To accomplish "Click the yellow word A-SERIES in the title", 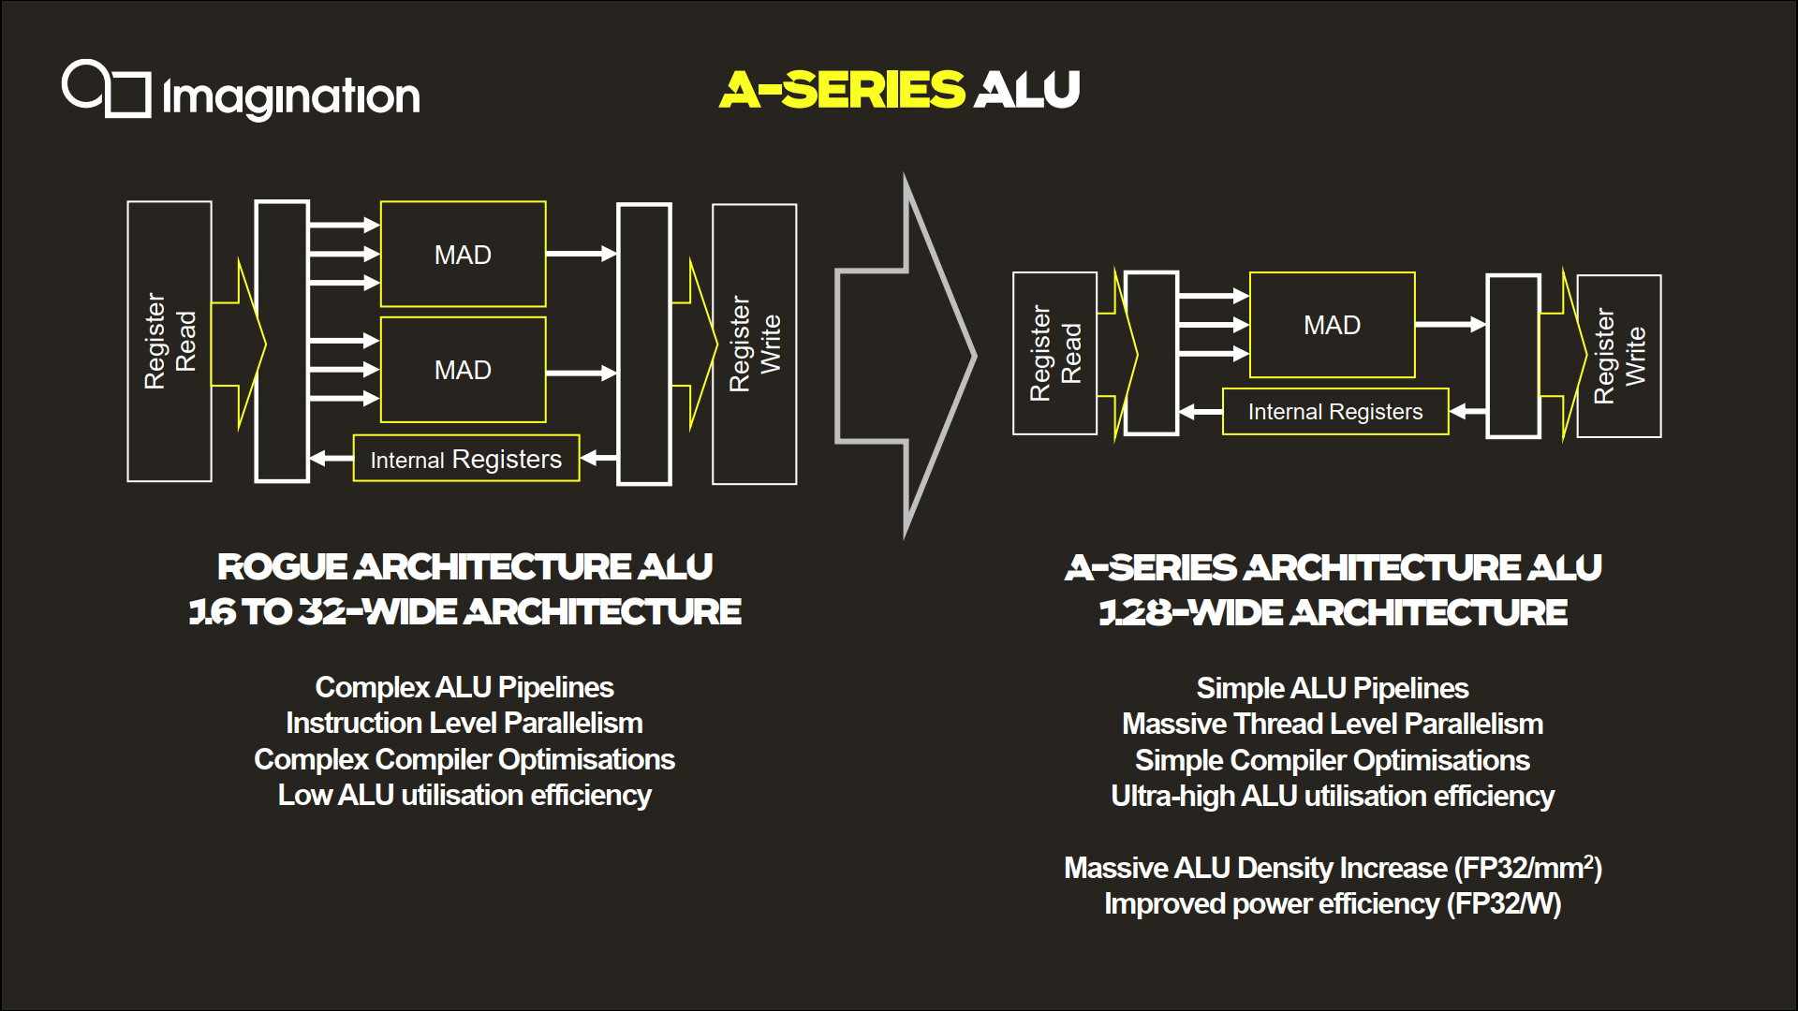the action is [x=842, y=90].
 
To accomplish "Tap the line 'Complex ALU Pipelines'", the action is [x=464, y=688].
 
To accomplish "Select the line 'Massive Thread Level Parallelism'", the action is [x=1333, y=725].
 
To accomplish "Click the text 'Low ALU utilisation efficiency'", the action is [x=464, y=796].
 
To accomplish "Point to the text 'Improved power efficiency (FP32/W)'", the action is [x=1333, y=904].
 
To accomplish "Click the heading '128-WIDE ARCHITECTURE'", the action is [x=1333, y=613].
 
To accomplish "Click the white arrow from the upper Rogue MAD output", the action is [x=582, y=254].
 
